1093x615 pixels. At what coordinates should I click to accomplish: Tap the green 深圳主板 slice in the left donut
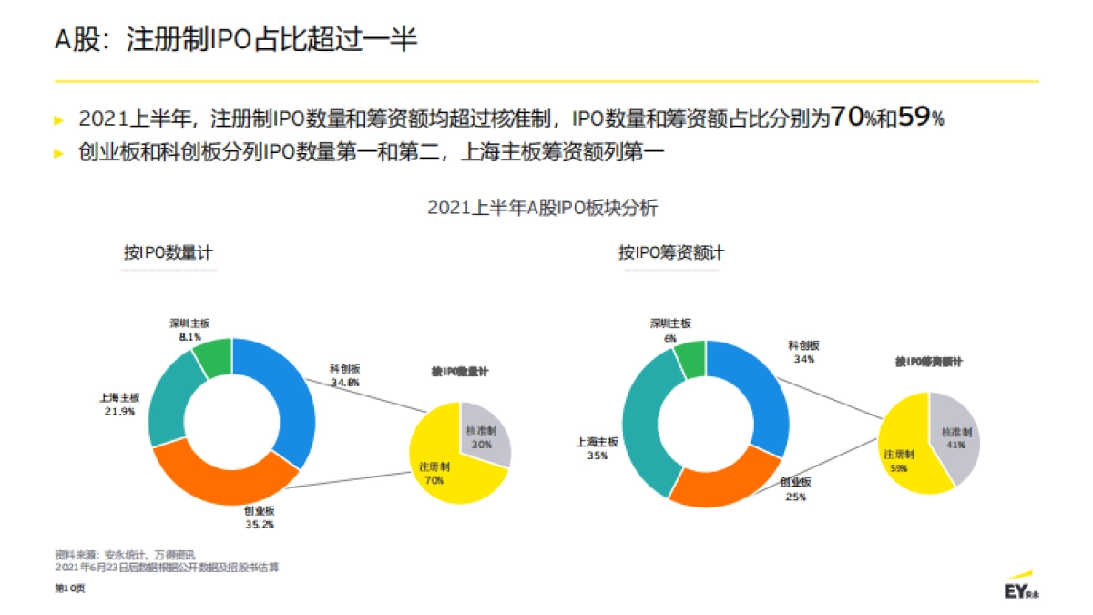tap(213, 357)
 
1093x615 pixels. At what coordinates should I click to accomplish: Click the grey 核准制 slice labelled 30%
tap(485, 437)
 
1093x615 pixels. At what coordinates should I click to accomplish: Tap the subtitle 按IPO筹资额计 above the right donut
tap(671, 252)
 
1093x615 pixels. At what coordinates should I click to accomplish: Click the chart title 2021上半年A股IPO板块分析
tap(542, 208)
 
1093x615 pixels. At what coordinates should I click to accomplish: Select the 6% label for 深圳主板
tap(670, 338)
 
